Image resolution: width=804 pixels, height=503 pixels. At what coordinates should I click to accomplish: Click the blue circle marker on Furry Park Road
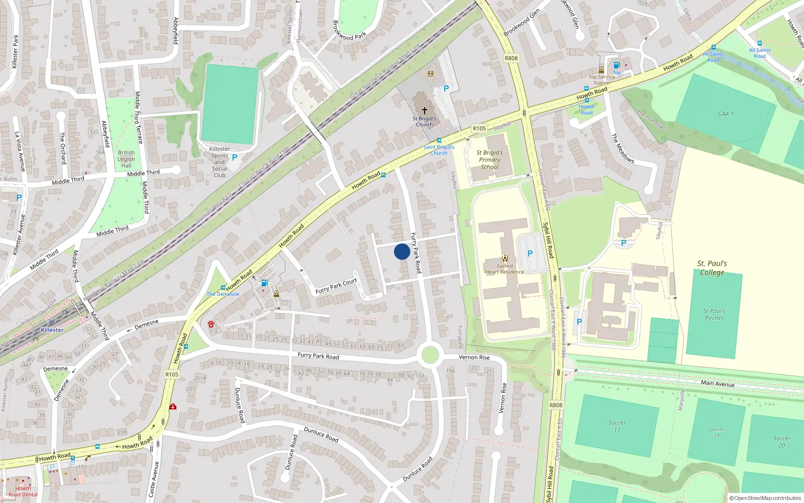point(401,251)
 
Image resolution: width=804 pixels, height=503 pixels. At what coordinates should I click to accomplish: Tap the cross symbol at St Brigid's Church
point(425,110)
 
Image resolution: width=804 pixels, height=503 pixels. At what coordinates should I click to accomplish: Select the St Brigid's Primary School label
point(489,160)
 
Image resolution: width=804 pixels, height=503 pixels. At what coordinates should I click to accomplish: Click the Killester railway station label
point(52,330)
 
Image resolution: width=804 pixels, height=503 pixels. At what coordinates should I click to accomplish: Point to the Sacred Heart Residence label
point(505,269)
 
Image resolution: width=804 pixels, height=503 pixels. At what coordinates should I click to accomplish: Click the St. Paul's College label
point(712,268)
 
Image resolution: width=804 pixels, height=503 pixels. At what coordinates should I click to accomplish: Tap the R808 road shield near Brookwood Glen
point(511,58)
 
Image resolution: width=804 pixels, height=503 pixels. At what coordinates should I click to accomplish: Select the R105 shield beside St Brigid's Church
point(479,129)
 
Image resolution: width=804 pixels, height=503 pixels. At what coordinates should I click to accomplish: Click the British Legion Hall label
point(126,159)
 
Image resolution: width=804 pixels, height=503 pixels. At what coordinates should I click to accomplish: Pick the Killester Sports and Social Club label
point(220,162)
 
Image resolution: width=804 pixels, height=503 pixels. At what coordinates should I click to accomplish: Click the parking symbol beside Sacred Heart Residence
point(530,254)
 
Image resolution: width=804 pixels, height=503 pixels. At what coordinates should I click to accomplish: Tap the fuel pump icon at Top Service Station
point(617,65)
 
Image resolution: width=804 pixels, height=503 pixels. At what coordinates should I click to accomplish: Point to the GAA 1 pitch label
point(726,114)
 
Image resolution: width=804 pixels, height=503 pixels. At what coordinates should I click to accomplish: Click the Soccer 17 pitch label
point(617,426)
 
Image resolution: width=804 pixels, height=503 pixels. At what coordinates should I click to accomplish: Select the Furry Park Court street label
point(336,286)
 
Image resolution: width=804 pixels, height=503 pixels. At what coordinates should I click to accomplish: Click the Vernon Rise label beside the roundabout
point(474,357)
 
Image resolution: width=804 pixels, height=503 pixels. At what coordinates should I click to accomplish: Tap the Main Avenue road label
point(718,383)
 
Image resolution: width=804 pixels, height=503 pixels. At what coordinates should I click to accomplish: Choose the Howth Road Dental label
point(23,491)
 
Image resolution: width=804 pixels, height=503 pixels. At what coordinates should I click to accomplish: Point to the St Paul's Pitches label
point(714,314)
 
